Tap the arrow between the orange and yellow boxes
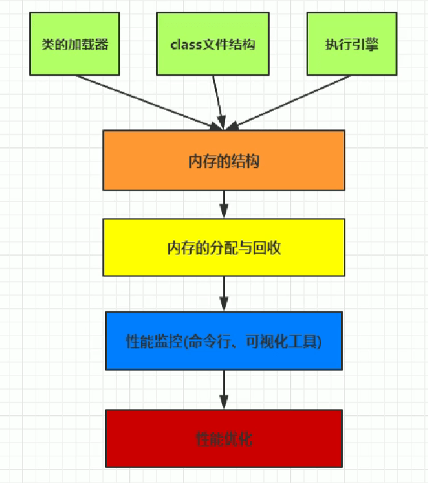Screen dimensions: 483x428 [224, 204]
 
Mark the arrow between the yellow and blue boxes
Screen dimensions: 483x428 [224, 294]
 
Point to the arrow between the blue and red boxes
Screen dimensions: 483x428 [224, 389]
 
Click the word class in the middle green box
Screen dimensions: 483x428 [185, 45]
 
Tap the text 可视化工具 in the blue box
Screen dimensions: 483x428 [289, 342]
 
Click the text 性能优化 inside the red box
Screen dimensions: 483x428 [224, 439]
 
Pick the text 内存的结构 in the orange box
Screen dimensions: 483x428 [224, 161]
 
